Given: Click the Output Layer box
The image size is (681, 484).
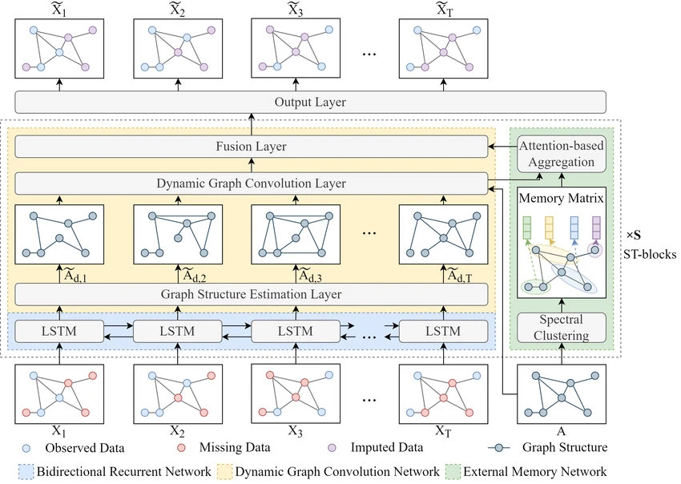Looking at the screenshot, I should click(309, 102).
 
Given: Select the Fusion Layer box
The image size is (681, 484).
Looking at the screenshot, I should click(252, 147).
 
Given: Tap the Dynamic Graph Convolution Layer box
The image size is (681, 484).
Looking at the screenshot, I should click(252, 182).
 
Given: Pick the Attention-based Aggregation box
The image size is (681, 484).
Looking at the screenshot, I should click(562, 152).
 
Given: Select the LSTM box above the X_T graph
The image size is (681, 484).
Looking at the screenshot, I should click(442, 330).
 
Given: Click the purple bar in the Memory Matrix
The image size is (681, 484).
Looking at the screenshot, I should click(596, 228).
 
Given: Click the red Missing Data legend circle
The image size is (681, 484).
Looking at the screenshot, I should click(183, 447).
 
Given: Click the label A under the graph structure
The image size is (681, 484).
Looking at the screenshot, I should click(562, 430).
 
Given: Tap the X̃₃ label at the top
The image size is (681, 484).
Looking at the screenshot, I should click(295, 10).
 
